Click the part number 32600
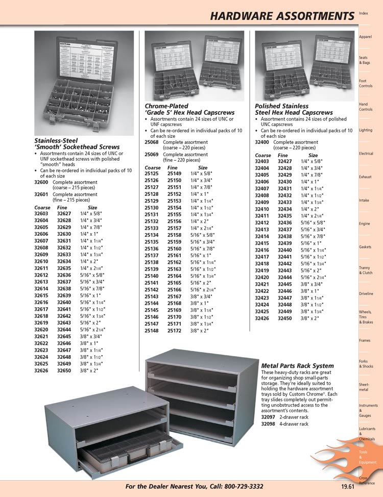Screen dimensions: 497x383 point(41,182)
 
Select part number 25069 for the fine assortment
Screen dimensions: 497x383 point(152,154)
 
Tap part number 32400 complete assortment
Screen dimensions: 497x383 point(262,142)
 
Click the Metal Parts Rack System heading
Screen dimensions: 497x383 point(297,366)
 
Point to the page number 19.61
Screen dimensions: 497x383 point(348,487)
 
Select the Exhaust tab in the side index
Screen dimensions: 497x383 point(365,177)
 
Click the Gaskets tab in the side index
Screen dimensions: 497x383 point(365,247)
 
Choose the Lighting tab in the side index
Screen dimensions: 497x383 point(366,130)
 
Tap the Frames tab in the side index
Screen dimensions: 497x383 point(365,340)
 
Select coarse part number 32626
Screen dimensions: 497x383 point(41,370)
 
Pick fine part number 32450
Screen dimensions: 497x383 point(285,318)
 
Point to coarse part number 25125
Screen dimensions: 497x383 point(152,173)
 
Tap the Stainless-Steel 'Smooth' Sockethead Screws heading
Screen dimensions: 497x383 point(77,143)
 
